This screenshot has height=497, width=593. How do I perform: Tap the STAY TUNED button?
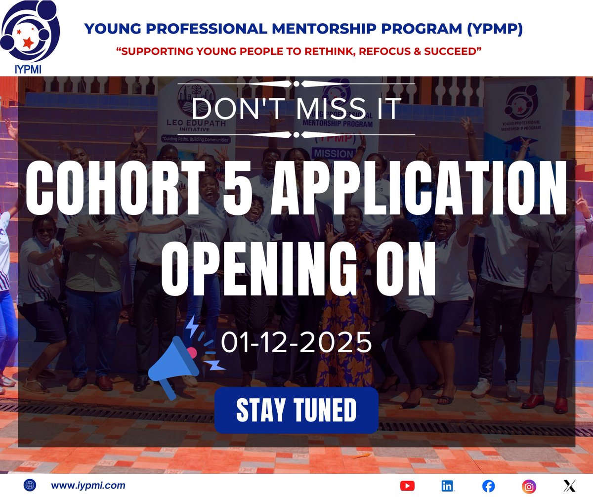click(x=296, y=410)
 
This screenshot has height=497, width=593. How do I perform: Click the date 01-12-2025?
click(x=296, y=342)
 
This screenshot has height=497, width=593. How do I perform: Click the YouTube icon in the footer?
click(x=407, y=486)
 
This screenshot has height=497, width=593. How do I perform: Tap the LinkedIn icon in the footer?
click(x=448, y=486)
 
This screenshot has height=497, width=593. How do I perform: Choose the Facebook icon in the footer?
click(x=488, y=486)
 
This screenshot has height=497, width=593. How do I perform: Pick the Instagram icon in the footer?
click(x=529, y=486)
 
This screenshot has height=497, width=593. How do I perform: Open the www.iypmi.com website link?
click(x=88, y=486)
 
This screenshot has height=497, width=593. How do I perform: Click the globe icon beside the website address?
click(x=30, y=486)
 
